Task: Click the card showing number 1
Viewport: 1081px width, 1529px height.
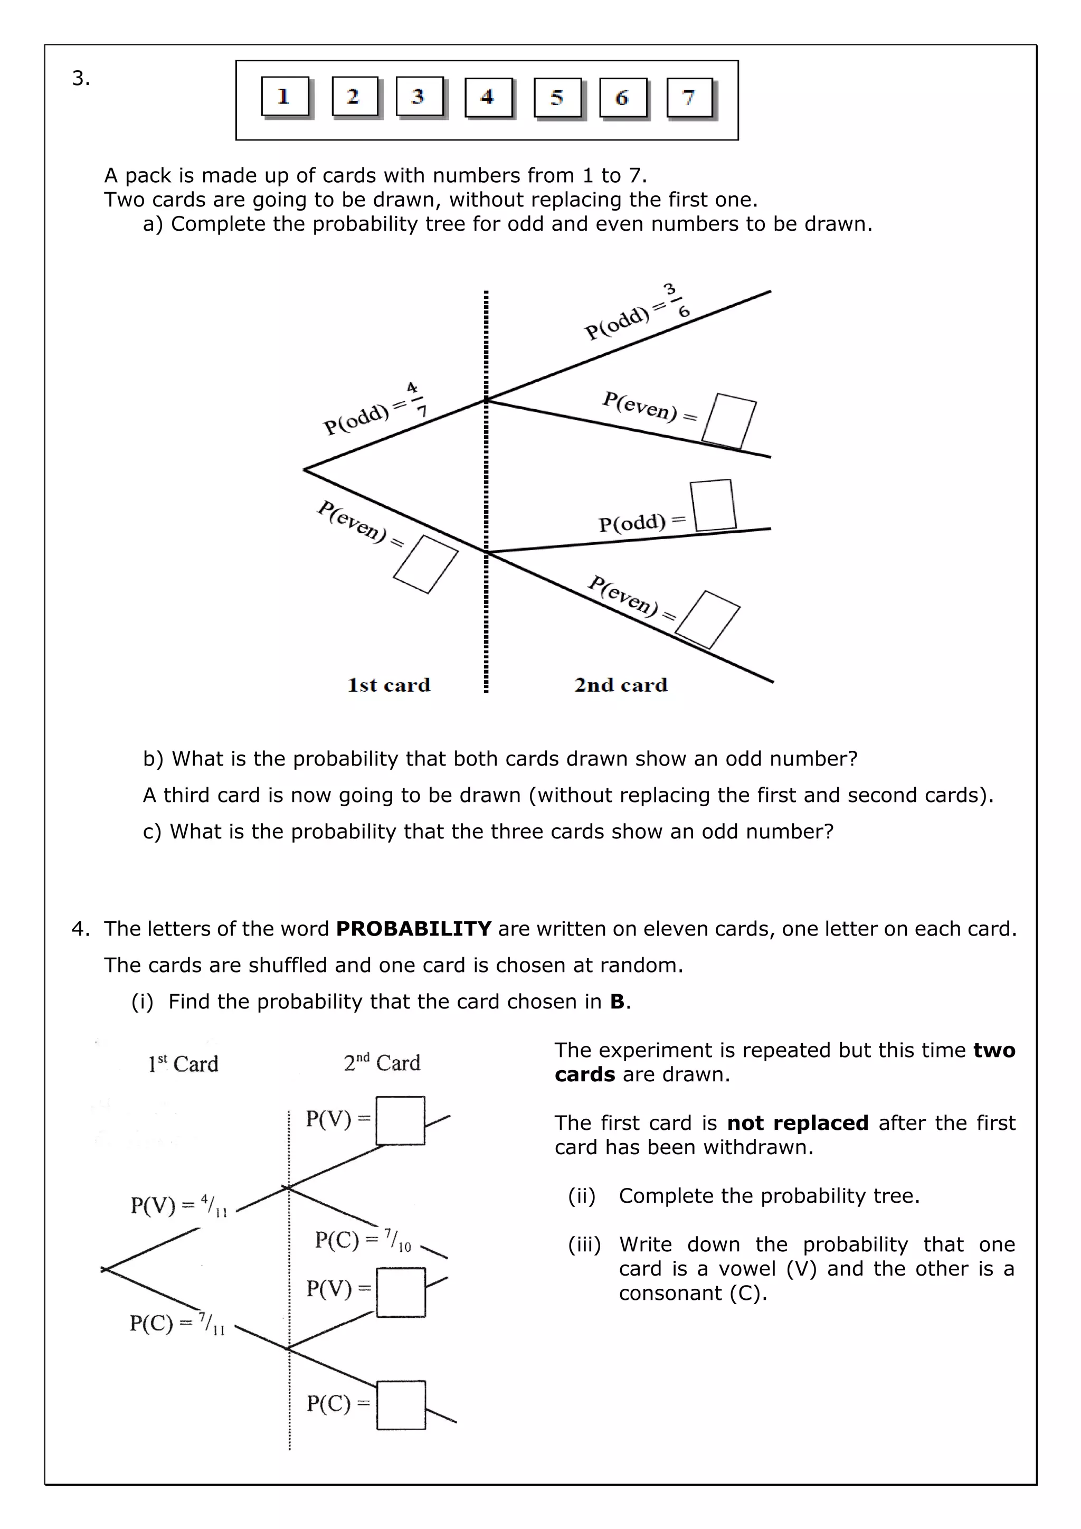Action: (x=285, y=97)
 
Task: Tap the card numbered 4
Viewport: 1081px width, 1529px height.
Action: (x=488, y=98)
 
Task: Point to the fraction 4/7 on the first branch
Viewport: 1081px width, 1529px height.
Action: (x=416, y=399)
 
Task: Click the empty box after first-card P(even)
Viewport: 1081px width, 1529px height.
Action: (x=426, y=564)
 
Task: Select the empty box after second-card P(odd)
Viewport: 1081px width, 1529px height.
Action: (x=713, y=505)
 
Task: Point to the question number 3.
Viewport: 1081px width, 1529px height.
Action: (x=81, y=79)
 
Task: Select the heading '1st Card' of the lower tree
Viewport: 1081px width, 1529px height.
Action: (x=183, y=1063)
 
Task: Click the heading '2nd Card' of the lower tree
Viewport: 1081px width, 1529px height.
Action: (x=382, y=1063)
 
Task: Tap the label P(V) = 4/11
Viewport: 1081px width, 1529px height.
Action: (x=178, y=1205)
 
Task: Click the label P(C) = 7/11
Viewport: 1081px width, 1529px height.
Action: (x=177, y=1323)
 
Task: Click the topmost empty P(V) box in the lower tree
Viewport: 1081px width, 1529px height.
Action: (x=400, y=1121)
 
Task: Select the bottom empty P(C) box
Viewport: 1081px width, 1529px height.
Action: (x=401, y=1404)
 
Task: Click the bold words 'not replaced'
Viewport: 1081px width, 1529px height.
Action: (x=798, y=1123)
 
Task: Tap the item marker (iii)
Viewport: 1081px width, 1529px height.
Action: (x=584, y=1244)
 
